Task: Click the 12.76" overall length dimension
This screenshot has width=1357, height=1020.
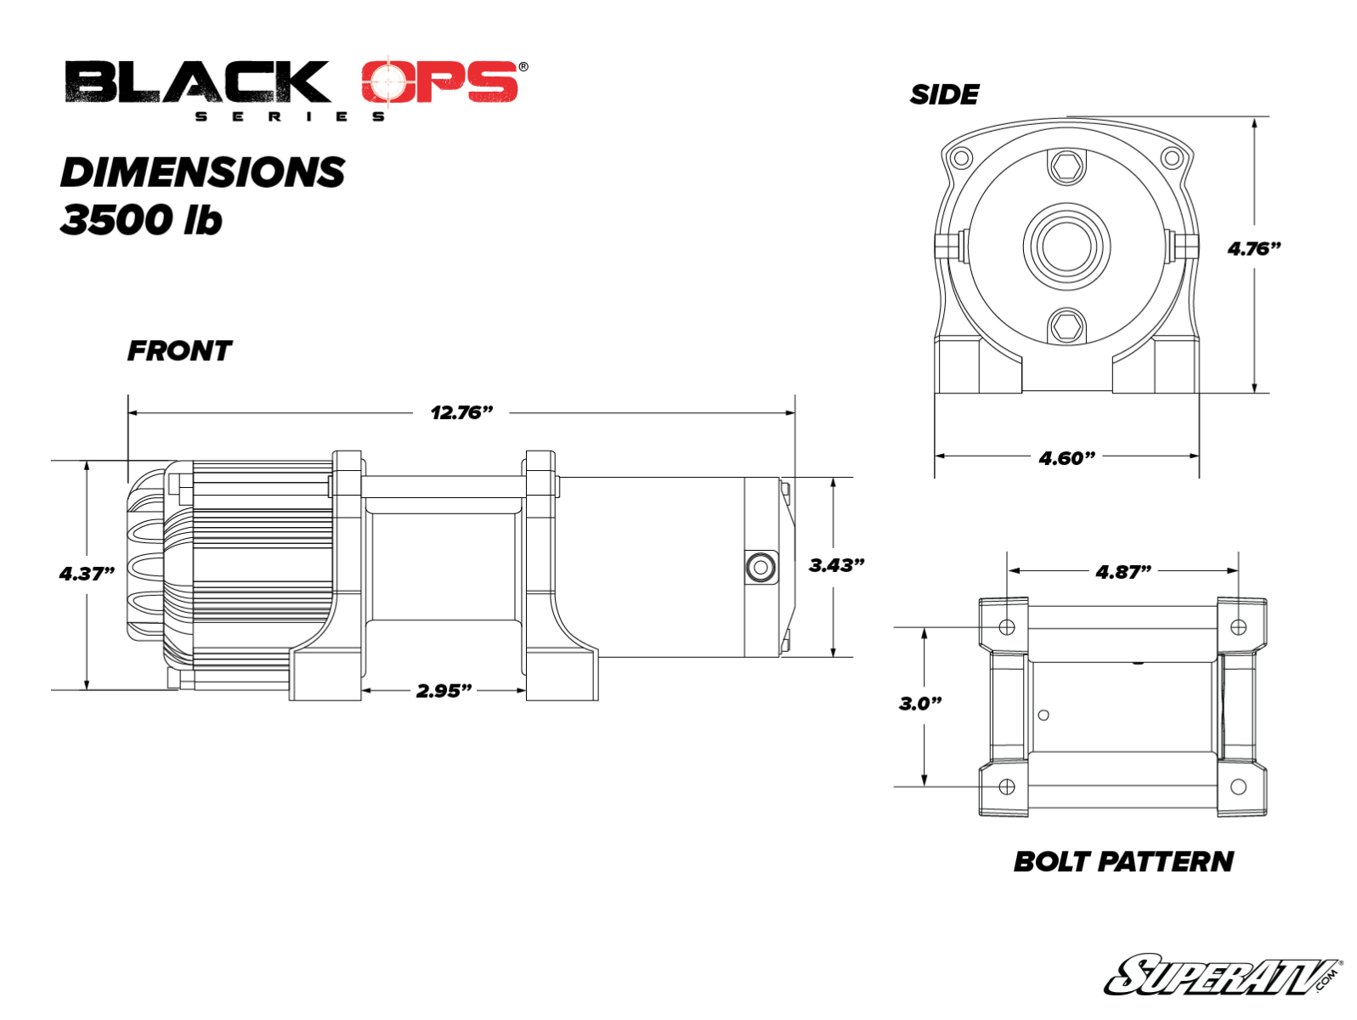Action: [x=461, y=413]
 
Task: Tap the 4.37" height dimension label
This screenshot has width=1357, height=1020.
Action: [x=87, y=574]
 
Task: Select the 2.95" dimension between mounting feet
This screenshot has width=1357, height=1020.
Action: [x=444, y=690]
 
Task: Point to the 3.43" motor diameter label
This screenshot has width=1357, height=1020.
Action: [x=836, y=565]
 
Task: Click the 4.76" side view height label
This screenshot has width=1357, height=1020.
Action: [x=1253, y=249]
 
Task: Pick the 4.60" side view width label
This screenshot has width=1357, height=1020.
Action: [x=1066, y=459]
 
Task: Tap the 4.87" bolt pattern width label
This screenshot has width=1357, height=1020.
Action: [x=1122, y=572]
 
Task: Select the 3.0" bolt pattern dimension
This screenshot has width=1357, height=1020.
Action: [x=920, y=704]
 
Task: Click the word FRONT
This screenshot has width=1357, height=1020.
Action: [x=179, y=351]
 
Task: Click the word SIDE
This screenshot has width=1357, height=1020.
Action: [x=944, y=94]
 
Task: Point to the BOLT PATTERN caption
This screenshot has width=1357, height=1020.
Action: [x=1123, y=862]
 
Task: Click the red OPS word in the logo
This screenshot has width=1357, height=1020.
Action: [x=439, y=82]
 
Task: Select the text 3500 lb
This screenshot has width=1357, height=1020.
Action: [x=141, y=220]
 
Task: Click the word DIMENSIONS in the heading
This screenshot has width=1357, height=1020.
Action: [x=202, y=173]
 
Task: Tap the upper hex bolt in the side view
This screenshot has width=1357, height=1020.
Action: [x=1066, y=167]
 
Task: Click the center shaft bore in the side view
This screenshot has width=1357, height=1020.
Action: [x=1066, y=246]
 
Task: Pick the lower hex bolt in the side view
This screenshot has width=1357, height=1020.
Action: [x=1066, y=326]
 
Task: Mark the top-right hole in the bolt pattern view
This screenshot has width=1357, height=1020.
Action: [x=1238, y=627]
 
